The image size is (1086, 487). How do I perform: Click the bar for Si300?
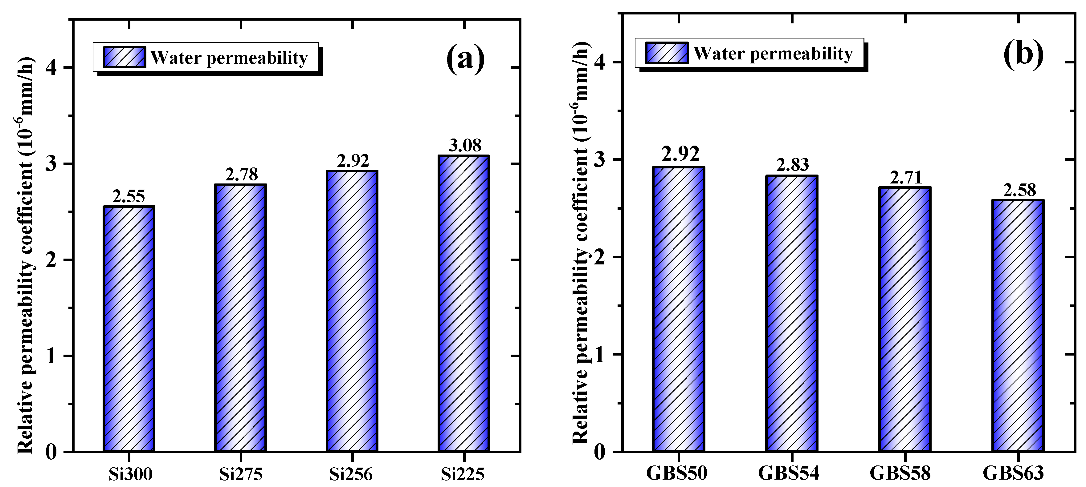coord(129,328)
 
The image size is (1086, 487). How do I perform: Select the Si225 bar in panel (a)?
coord(464,303)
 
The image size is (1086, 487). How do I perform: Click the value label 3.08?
coord(465,145)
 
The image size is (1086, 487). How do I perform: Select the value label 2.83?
coord(793,165)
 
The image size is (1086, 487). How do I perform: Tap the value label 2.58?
coord(1019,191)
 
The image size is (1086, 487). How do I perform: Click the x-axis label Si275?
coord(241,474)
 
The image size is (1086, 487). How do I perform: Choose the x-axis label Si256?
coord(351,474)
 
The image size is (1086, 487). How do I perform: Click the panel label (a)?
coord(465,59)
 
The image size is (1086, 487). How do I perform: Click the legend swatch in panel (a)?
coord(125,57)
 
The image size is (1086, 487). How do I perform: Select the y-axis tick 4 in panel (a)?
coord(51,67)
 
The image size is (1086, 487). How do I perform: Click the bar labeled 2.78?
coord(240,318)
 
